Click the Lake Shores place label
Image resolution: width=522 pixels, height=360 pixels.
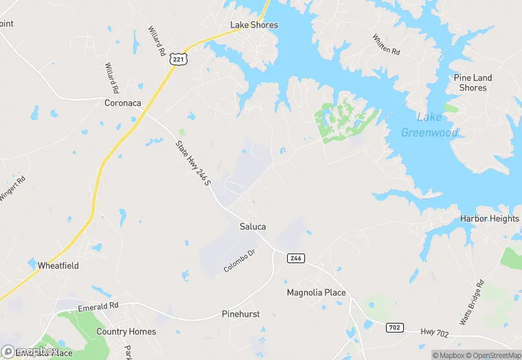tap(254, 25)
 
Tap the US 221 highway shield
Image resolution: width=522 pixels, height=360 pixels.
tap(179, 60)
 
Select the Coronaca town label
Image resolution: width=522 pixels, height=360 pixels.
tap(122, 103)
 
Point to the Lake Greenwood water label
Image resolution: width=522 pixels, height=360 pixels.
tap(429, 125)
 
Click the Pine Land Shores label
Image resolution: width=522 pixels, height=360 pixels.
tap(473, 82)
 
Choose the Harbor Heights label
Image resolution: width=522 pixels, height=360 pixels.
tap(490, 218)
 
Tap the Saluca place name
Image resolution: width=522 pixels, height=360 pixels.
tap(253, 226)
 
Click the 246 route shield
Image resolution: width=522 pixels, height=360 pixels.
tap(295, 258)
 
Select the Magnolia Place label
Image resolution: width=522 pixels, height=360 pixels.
tap(316, 293)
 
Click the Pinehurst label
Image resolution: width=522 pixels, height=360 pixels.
tap(240, 314)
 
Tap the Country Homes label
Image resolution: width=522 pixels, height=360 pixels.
tap(126, 331)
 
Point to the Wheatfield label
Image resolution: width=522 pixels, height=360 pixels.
tap(58, 265)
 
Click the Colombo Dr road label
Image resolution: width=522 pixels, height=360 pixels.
tap(239, 261)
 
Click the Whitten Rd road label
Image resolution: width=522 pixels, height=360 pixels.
tap(385, 45)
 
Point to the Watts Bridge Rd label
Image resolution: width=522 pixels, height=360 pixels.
tap(472, 302)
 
